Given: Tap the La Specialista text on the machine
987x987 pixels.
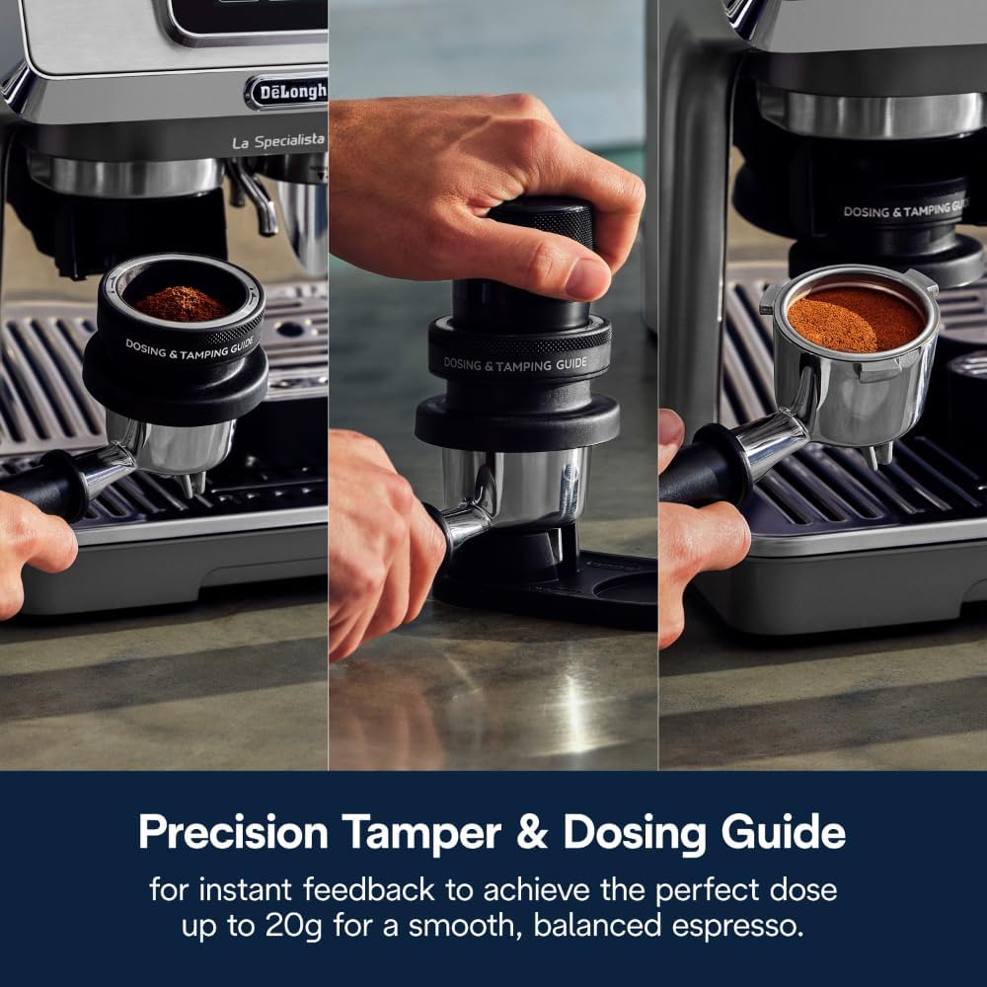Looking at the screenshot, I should click(x=278, y=142).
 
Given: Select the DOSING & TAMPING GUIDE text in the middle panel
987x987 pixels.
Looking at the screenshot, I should click(x=514, y=363).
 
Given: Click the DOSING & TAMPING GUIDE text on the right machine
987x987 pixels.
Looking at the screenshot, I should click(x=903, y=209).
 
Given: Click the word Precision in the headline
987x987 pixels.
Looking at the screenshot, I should click(x=233, y=833).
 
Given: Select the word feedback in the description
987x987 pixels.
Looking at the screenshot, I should click(x=371, y=889).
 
